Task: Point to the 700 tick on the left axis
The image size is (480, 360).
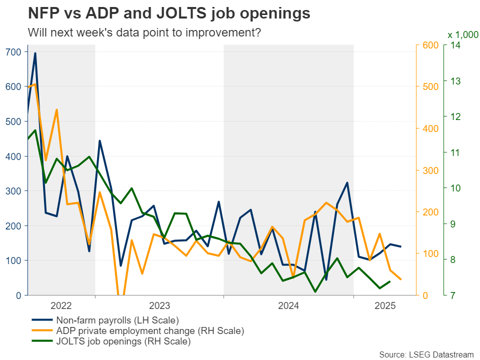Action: (x=13, y=52)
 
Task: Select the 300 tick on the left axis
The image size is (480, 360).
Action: (x=13, y=191)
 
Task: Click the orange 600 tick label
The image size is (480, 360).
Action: (x=427, y=45)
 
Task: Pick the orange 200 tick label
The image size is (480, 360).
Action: (x=427, y=212)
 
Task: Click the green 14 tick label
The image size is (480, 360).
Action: (x=456, y=45)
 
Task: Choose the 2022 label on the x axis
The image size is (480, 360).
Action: (x=61, y=305)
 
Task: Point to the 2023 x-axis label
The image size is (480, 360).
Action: (x=159, y=305)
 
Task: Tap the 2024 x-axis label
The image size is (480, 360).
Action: (x=288, y=305)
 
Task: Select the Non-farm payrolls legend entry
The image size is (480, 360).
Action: (x=117, y=320)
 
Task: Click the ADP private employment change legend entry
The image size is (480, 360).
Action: (x=150, y=331)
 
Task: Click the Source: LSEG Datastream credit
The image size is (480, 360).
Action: (x=426, y=354)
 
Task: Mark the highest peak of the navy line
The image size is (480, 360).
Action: (x=35, y=53)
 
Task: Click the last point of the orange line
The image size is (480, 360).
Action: (x=400, y=279)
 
